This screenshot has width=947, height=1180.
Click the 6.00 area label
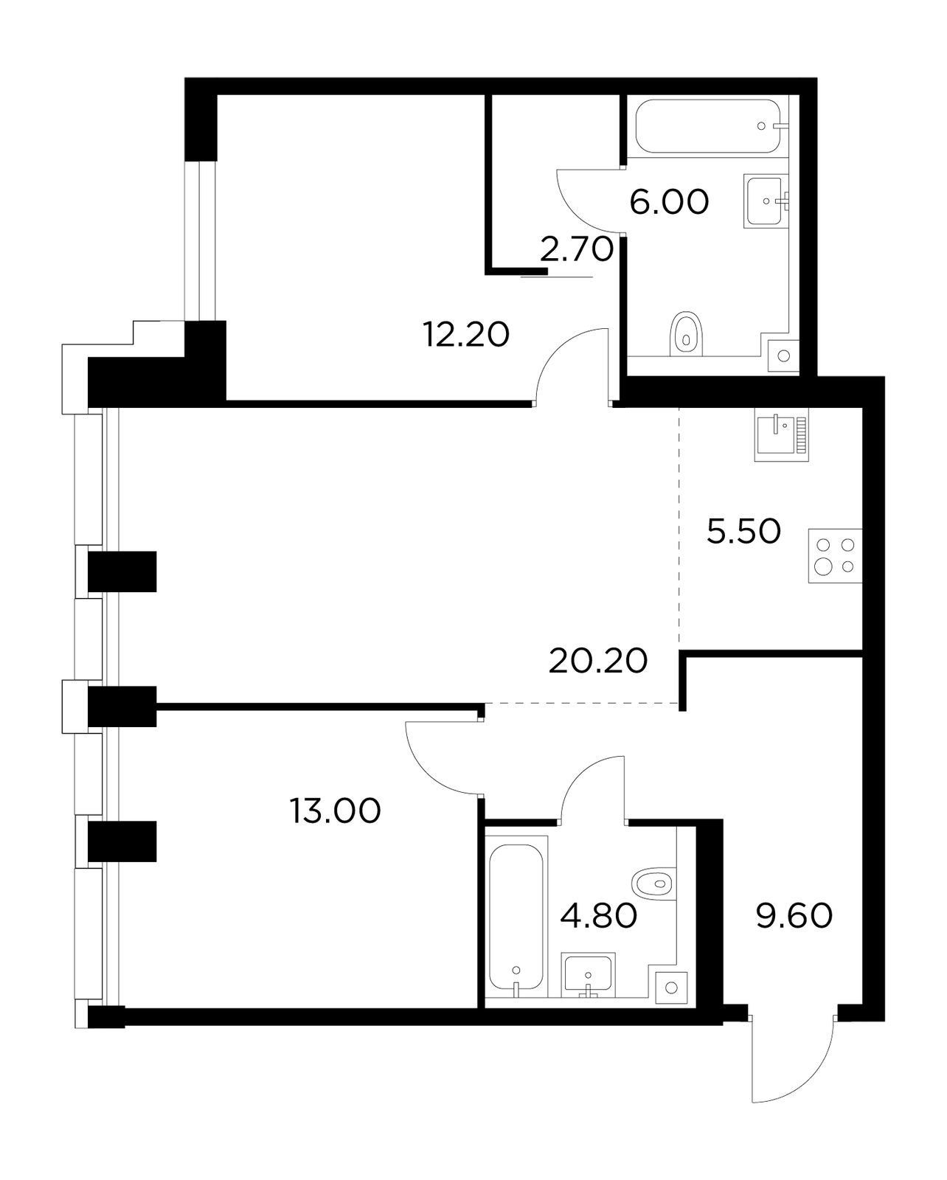[x=669, y=202]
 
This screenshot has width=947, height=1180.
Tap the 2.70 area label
[x=576, y=249]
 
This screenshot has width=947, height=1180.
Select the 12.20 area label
[x=466, y=335]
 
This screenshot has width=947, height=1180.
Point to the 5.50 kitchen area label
[x=743, y=531]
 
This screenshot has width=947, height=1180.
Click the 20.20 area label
[x=597, y=661]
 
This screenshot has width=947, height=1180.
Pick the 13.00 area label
[x=335, y=811]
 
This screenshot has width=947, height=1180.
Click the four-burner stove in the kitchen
[x=835, y=555]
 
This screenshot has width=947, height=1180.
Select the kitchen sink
[x=781, y=436]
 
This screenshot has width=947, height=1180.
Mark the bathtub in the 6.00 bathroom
[x=708, y=125]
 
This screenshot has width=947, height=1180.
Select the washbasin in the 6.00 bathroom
[x=766, y=201]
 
